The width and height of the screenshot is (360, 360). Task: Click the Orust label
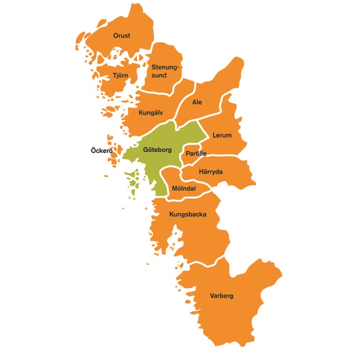[x=122, y=36]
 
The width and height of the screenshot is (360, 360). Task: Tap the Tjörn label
[x=120, y=75]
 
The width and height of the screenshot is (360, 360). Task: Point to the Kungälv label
[x=151, y=113]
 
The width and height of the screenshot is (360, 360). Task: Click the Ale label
[x=197, y=102]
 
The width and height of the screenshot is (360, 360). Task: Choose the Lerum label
[x=222, y=135]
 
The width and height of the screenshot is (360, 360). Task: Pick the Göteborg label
[x=157, y=150]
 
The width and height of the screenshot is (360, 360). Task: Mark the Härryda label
[x=211, y=172]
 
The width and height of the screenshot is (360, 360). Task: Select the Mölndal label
[x=184, y=189]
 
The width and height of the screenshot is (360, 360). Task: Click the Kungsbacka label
[x=188, y=214]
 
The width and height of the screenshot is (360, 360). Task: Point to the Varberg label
[x=222, y=296]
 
